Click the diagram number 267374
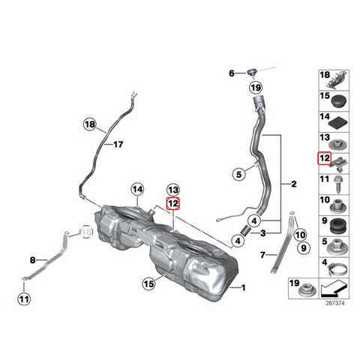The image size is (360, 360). [x=335, y=303]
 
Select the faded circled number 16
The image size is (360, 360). [x=86, y=232]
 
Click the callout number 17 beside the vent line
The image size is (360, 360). [x=118, y=145]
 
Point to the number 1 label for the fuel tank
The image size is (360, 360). [x=243, y=288]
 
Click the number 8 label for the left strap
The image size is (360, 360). [x=32, y=260]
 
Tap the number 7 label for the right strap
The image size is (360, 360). [x=262, y=255]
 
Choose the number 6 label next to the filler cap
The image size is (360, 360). [x=232, y=73]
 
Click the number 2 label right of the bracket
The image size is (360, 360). [x=294, y=184]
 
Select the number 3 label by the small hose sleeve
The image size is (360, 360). [x=263, y=233]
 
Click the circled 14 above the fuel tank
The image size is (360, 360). [x=138, y=190]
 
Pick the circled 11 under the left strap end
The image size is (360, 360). [x=24, y=299]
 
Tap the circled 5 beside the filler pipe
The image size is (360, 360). [x=239, y=174]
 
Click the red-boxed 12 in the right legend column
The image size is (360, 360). [x=325, y=158]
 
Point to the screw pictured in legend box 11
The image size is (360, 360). [x=338, y=184]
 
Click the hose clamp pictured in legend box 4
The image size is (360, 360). [x=338, y=268]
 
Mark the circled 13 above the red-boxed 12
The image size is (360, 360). [x=173, y=190]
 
